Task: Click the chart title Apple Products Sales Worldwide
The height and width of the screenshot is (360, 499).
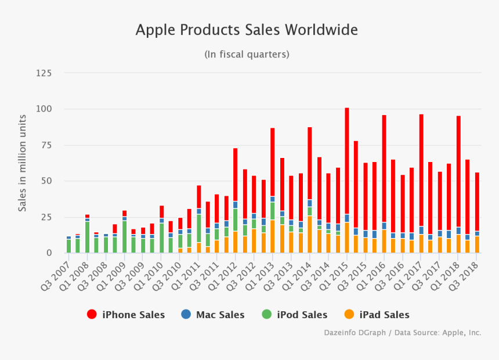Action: pyautogui.click(x=247, y=30)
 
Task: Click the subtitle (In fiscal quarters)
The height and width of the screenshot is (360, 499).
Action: pyautogui.click(x=247, y=54)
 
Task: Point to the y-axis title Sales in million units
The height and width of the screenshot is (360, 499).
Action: pyautogui.click(x=23, y=163)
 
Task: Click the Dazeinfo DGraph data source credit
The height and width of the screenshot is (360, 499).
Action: pyautogui.click(x=402, y=333)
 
